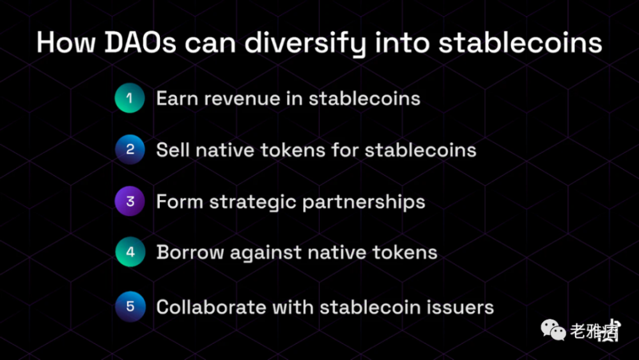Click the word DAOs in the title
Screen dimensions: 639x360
pos(141,42)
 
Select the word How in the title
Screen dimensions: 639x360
pos(66,42)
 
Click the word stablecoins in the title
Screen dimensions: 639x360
pos(520,42)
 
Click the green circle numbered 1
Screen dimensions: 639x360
pos(130,98)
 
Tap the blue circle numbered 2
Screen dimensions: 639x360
pos(130,150)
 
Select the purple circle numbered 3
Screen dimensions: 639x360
pos(130,201)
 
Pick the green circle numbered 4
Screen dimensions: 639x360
pos(130,252)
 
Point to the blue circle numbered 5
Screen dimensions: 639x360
pos(130,306)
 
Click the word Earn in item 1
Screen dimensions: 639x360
pos(177,98)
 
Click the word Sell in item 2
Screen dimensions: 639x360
pos(173,150)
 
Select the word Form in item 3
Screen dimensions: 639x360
pos(180,201)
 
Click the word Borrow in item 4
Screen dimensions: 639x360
pos(190,253)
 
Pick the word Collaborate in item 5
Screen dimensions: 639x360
pos(211,307)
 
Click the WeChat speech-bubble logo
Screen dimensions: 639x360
pos(553,330)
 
